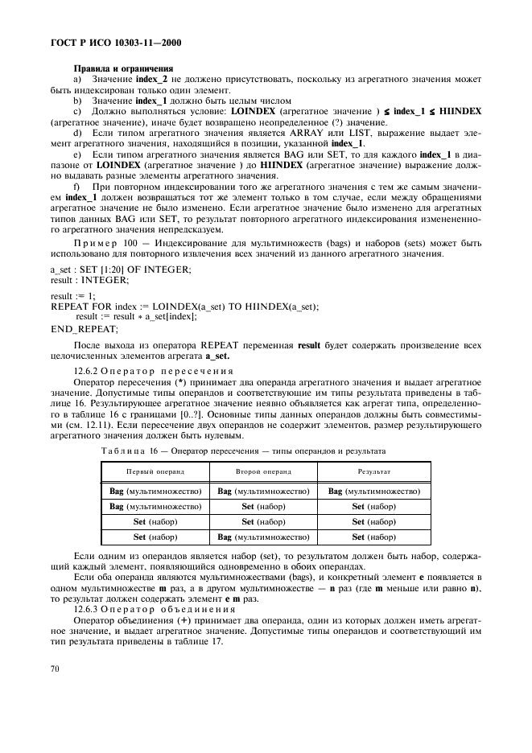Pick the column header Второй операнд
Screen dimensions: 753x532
click(x=263, y=471)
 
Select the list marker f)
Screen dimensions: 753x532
click(x=77, y=186)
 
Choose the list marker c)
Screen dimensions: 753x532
click(x=77, y=109)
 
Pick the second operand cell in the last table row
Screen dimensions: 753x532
click(x=263, y=537)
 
